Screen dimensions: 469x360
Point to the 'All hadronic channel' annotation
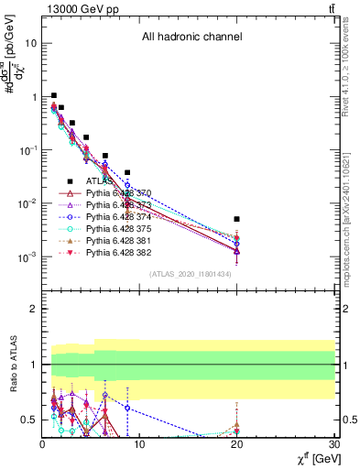[191, 38]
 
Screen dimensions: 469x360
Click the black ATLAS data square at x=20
[236, 219]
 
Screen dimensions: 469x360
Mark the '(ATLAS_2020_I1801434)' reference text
[191, 274]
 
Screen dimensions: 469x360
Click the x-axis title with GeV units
[312, 459]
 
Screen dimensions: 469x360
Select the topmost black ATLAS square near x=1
[54, 95]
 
